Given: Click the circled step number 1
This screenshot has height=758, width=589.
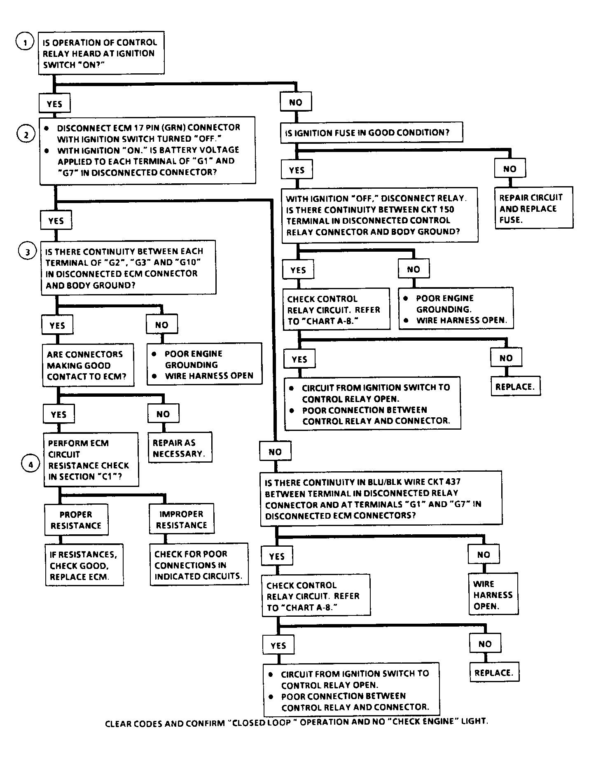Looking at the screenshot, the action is [25, 42].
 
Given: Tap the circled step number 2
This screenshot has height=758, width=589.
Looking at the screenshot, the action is [26, 134].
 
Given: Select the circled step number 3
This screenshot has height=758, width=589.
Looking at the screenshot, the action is [28, 252].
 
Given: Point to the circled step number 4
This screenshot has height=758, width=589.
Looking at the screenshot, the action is [30, 464].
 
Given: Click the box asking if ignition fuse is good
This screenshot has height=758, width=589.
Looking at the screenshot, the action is [372, 133].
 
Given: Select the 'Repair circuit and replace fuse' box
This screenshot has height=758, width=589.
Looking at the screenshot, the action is [533, 207].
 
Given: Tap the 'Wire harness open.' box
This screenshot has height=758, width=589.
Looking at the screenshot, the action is [493, 594].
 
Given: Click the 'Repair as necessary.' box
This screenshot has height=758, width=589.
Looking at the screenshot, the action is [180, 447].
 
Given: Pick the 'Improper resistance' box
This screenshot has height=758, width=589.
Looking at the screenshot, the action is [182, 519].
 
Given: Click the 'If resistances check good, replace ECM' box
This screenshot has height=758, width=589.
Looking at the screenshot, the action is [84, 565].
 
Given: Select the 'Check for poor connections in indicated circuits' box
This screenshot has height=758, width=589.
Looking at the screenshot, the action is [199, 564].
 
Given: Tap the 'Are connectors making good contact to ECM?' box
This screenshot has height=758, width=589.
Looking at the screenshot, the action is [88, 365].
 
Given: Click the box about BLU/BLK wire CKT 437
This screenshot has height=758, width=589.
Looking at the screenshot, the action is [381, 498].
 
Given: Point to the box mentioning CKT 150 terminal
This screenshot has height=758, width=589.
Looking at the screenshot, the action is [379, 215].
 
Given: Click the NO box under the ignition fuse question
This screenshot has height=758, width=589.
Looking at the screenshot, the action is [510, 169].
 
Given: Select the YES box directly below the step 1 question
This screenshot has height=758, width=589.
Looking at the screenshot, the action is [54, 103].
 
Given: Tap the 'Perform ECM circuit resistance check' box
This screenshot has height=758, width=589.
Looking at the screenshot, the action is [91, 460].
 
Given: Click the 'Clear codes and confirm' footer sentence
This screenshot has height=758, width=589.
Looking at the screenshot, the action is [296, 722].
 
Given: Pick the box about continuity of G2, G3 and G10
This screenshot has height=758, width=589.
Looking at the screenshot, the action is [129, 267].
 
